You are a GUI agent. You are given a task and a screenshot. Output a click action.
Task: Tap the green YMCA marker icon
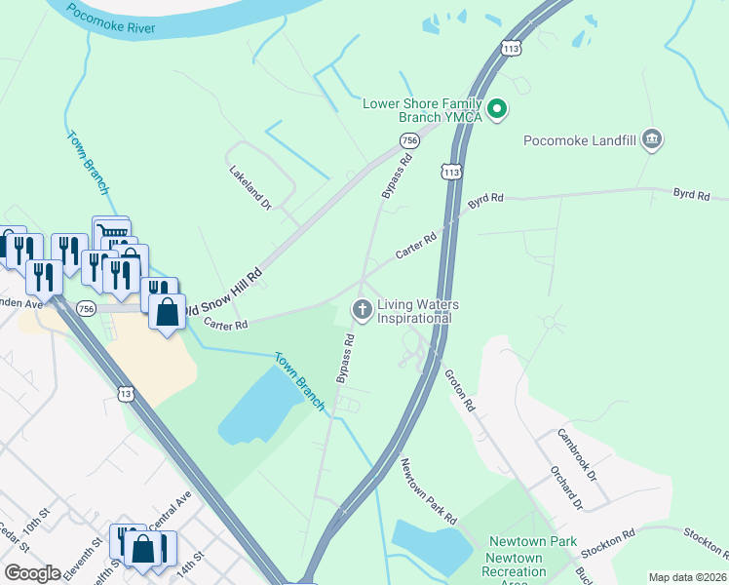[x=498, y=109]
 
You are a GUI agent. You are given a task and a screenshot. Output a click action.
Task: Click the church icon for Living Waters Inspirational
[x=362, y=311]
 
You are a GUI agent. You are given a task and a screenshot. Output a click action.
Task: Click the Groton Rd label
[x=459, y=390]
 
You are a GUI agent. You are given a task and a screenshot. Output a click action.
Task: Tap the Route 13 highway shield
[x=126, y=393]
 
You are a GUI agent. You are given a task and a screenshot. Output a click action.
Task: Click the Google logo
[x=32, y=572]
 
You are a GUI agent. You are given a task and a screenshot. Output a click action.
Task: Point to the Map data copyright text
[x=687, y=577]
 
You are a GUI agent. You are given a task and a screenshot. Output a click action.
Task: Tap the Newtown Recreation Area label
[x=516, y=565]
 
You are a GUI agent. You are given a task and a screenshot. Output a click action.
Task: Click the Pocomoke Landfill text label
[x=579, y=140]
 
